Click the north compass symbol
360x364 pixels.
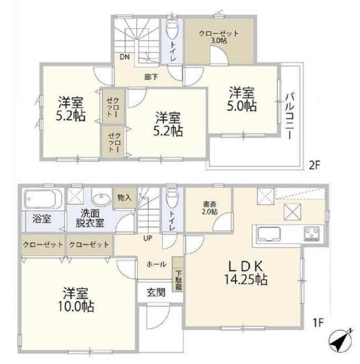click(340, 341)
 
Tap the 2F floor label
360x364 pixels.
click(315, 166)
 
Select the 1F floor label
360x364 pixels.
click(318, 322)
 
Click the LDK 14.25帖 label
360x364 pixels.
click(246, 273)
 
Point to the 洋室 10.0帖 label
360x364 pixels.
click(75, 300)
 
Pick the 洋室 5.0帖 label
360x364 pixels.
click(242, 99)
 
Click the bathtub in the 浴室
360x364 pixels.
click(43, 199)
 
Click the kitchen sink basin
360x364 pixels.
click(269, 234)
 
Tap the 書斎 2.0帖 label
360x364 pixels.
click(210, 208)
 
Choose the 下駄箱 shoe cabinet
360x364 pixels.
click(178, 274)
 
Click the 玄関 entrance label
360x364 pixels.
click(156, 293)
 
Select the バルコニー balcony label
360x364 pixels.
click(290, 116)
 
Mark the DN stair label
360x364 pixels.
click(125, 57)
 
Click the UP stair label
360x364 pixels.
click(148, 238)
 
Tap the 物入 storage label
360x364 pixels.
click(124, 198)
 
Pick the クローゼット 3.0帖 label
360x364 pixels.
click(219, 37)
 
